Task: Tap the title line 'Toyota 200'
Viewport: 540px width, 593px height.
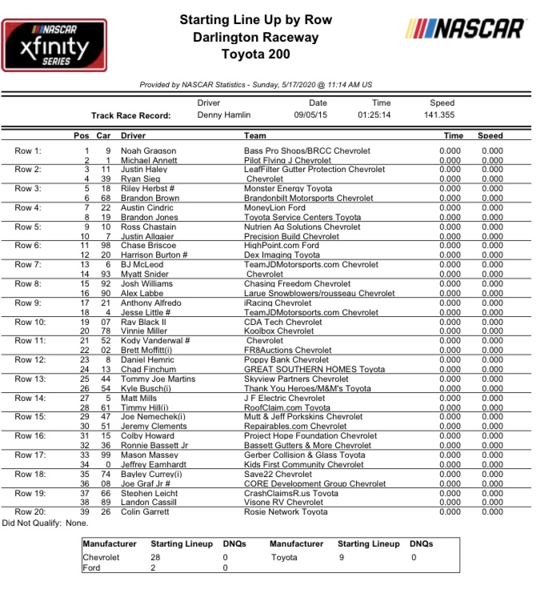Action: (256, 54)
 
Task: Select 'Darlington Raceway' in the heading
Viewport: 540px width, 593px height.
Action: (256, 38)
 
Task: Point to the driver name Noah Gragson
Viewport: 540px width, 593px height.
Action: (149, 150)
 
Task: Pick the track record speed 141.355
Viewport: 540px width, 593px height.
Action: (442, 115)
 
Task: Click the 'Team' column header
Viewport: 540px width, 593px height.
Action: (255, 136)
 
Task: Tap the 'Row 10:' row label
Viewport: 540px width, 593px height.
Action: (31, 322)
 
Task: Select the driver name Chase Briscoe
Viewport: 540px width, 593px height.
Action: (150, 246)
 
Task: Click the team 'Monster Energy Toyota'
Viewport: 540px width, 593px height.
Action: (288, 189)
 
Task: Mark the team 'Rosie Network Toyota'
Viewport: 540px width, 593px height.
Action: (286, 512)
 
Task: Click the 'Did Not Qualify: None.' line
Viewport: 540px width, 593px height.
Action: (45, 522)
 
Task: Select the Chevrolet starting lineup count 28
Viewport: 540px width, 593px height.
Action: (156, 558)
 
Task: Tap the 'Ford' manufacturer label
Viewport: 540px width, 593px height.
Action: (91, 568)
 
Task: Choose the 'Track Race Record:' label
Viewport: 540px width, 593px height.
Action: (131, 115)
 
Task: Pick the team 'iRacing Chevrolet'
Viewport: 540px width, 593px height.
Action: (278, 303)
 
